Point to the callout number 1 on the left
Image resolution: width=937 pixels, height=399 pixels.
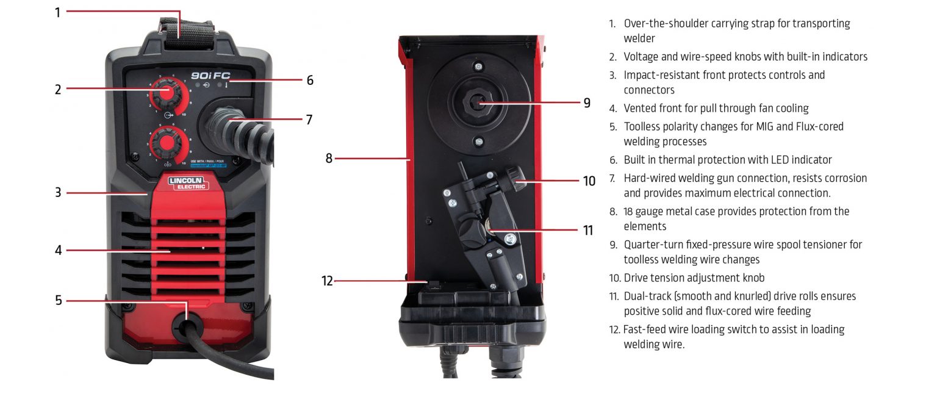pos(58,12)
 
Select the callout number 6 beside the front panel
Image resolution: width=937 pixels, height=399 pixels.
pos(310,80)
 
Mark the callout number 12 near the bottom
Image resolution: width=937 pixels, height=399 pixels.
pos(328,281)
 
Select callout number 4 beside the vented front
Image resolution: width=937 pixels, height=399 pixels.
pos(58,250)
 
